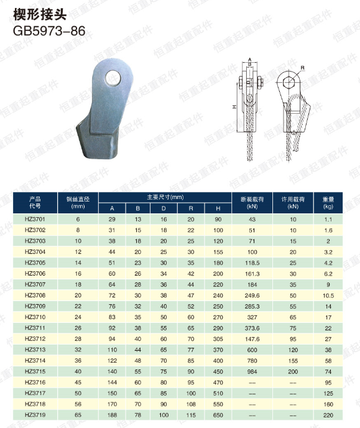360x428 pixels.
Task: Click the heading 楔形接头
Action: tap(40, 14)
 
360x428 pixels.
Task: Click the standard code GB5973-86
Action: tap(49, 31)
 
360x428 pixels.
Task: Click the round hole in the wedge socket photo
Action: tap(113, 78)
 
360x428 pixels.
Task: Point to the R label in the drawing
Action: tap(302, 68)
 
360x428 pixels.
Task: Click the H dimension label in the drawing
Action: tap(234, 107)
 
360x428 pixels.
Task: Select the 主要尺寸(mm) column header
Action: tap(165, 197)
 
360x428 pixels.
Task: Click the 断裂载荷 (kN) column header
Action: tap(252, 203)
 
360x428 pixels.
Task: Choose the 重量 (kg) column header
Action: tap(328, 203)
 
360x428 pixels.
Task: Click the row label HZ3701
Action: tap(35, 219)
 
